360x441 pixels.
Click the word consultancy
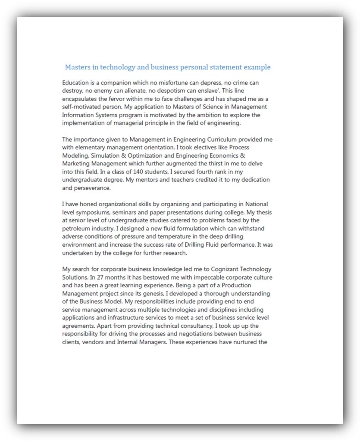point(194,326)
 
